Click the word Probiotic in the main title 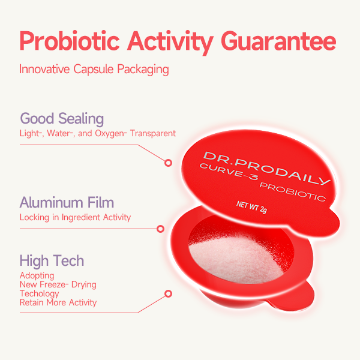click(70, 41)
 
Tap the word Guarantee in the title click(278, 41)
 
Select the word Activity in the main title click(170, 42)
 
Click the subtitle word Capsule click(94, 69)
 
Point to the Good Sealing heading click(62, 119)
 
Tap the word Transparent click(152, 133)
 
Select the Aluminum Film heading click(67, 203)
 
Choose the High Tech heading click(52, 261)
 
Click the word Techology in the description click(40, 293)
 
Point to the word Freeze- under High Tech click(54, 284)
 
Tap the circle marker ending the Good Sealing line click(168, 163)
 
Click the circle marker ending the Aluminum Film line click(160, 229)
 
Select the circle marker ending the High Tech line click(168, 293)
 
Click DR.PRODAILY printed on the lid click(266, 169)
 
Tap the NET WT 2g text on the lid click(251, 207)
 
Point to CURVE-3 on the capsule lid click(229, 172)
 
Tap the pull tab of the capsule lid click(329, 224)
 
